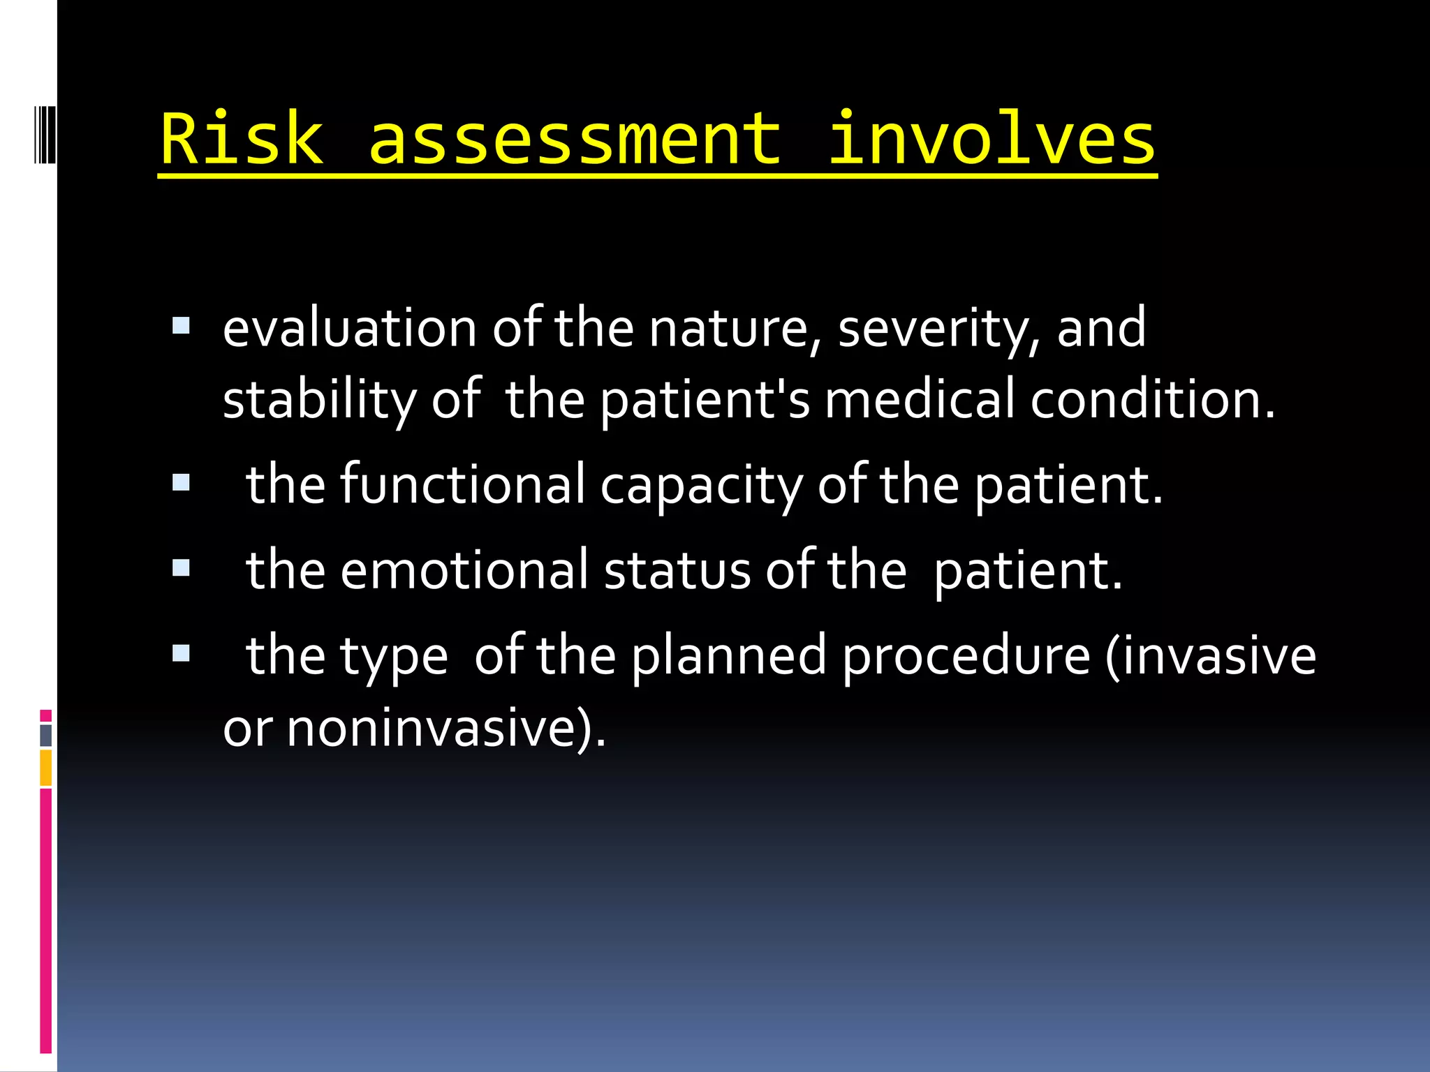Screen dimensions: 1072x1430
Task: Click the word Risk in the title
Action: [242, 140]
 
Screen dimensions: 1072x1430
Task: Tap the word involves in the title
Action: [992, 140]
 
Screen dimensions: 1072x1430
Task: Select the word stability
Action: [318, 400]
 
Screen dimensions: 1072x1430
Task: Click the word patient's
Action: [705, 400]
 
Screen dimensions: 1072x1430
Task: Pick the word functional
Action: [462, 484]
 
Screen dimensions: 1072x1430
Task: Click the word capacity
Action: [701, 486]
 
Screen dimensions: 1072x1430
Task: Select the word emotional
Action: [464, 570]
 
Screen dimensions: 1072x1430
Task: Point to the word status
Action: [677, 570]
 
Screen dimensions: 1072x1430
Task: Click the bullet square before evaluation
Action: [181, 325]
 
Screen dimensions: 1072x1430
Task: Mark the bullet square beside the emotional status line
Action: [181, 567]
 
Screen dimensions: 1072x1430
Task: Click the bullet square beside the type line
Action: [181, 653]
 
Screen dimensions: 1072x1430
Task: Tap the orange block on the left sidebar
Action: [45, 768]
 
